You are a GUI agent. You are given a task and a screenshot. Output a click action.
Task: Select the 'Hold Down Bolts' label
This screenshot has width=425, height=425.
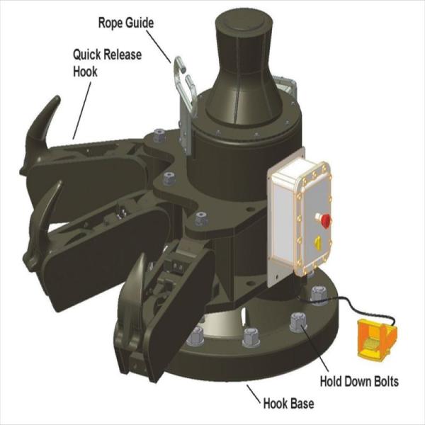click(358, 382)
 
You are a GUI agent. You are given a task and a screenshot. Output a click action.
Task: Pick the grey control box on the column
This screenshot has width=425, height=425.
click(302, 217)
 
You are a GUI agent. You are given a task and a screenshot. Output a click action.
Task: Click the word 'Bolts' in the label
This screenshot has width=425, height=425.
click(383, 382)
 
